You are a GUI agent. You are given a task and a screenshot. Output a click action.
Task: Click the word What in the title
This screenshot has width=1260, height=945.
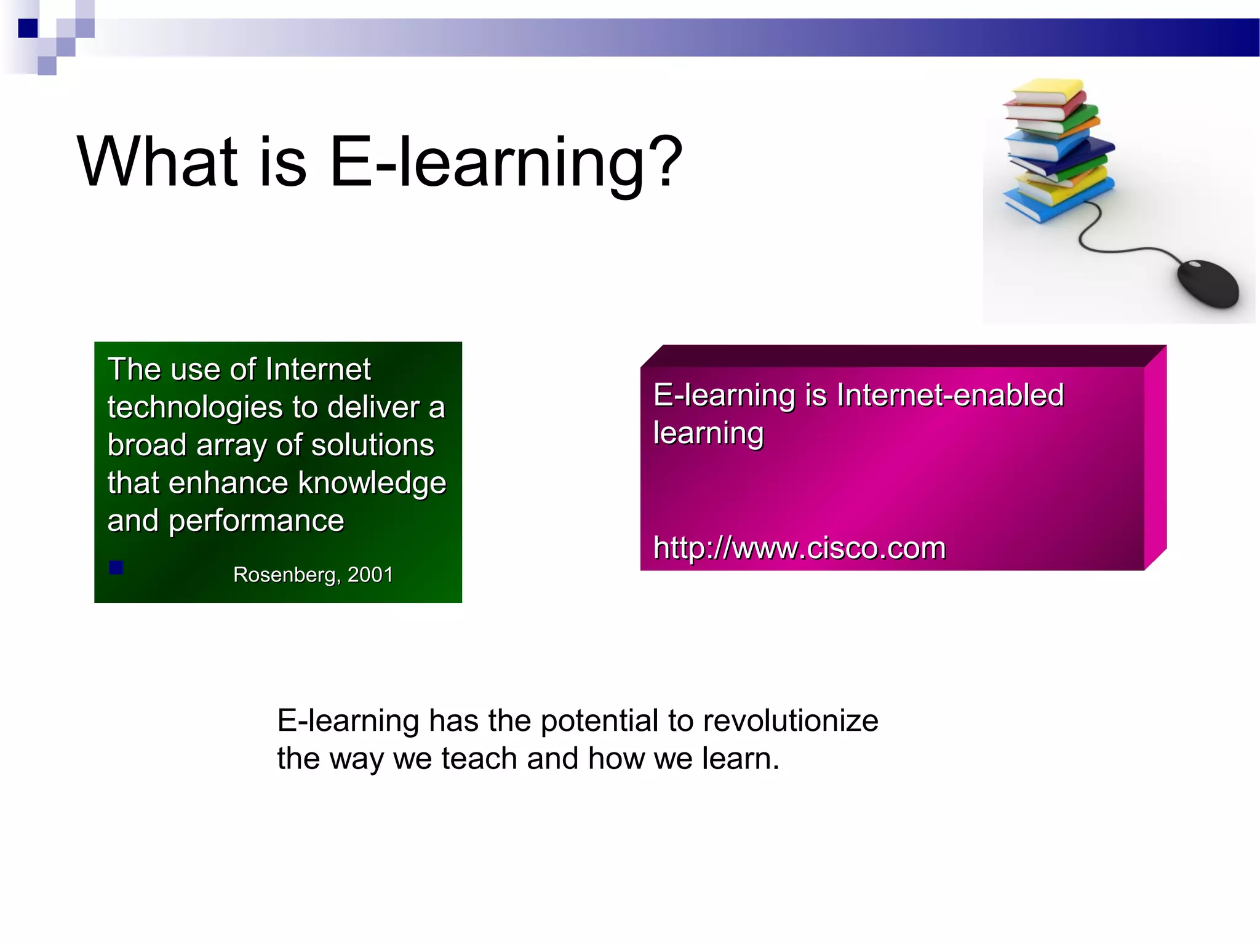pos(157,161)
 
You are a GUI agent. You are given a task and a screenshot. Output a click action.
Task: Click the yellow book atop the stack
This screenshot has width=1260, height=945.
pos(1045,90)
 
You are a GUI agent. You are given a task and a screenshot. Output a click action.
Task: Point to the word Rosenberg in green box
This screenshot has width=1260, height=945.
pos(286,575)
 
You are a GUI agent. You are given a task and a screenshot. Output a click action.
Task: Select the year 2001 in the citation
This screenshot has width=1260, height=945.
pos(370,575)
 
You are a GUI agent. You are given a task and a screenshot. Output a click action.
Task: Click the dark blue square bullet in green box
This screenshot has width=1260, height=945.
pos(116,567)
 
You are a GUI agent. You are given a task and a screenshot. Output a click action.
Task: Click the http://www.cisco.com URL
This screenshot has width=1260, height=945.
pos(799,548)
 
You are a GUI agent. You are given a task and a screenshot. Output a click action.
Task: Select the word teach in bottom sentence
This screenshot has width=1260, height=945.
pos(479,759)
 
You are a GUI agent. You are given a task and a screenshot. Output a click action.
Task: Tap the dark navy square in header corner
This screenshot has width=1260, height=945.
pos(28,28)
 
